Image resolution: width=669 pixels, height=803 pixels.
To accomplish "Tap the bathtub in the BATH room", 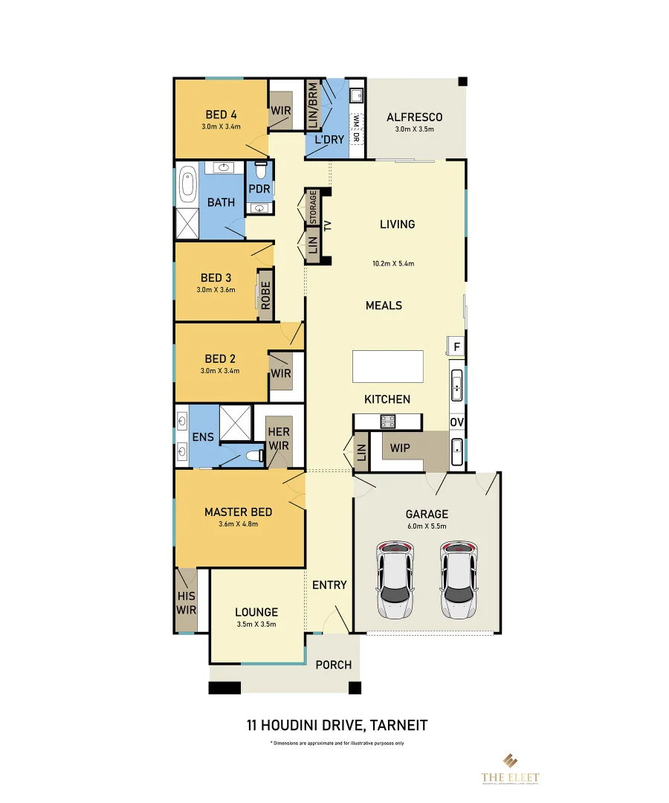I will [x=186, y=186].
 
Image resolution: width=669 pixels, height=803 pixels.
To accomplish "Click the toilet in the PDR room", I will [x=260, y=170].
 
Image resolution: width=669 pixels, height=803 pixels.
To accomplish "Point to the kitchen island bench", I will [x=387, y=367].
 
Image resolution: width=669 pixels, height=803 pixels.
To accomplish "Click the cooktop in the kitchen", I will [x=387, y=422].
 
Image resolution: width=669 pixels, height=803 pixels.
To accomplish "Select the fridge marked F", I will [x=456, y=346].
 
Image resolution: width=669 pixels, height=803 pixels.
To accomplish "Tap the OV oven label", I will [x=456, y=422].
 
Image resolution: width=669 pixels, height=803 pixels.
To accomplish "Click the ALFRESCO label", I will [x=414, y=117].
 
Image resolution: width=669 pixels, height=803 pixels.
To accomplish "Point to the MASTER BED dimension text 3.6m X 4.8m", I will [x=238, y=523].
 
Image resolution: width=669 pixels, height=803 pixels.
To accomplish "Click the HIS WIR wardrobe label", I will [x=186, y=603].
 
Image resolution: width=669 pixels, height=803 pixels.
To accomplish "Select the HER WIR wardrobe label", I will [x=279, y=439].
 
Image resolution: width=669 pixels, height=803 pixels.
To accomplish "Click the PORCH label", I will [x=333, y=665].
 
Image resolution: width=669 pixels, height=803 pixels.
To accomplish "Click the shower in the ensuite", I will [x=236, y=423].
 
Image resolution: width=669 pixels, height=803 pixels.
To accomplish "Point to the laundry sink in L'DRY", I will [x=355, y=95].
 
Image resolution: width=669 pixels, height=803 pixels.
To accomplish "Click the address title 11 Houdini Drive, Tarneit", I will [x=337, y=724].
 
